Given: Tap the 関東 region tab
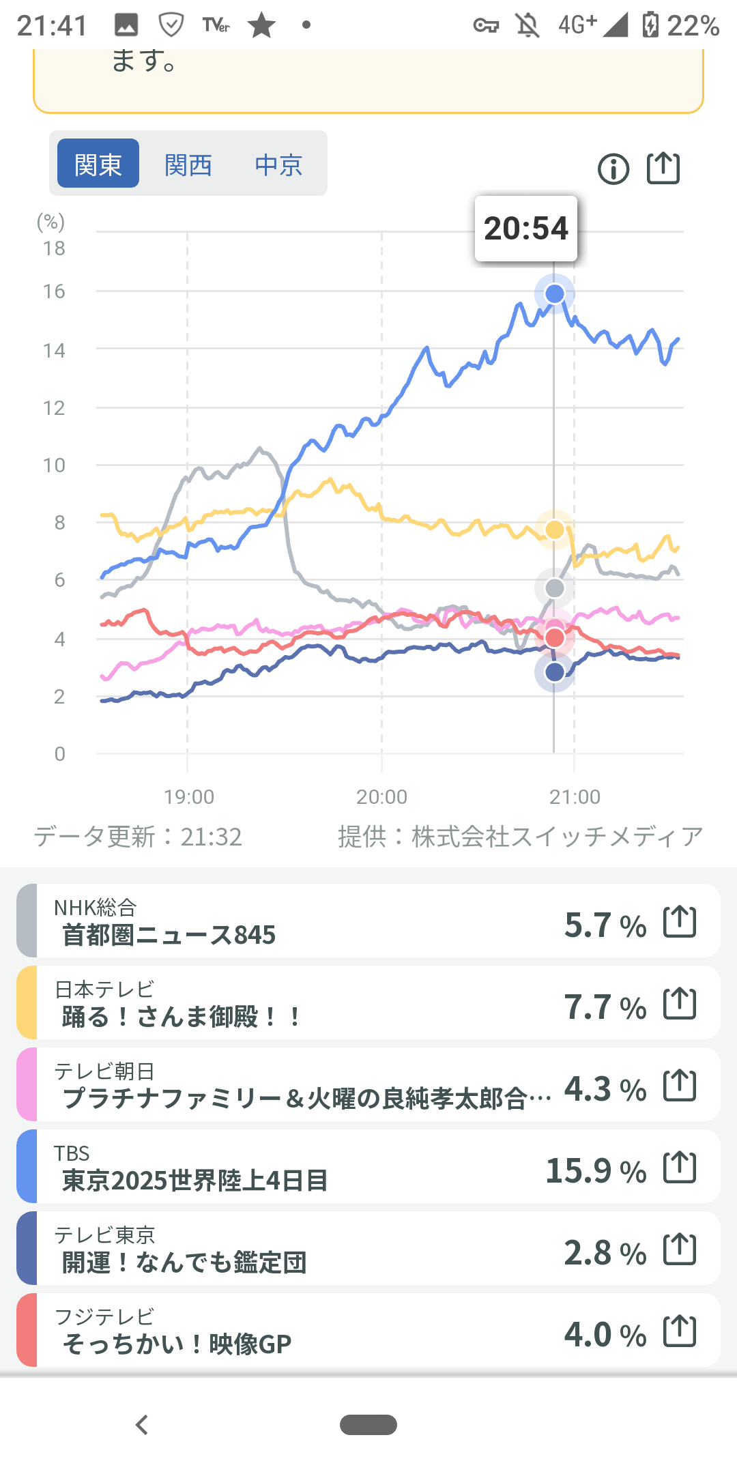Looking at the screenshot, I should tap(98, 164).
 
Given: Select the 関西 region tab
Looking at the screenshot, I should tap(188, 164).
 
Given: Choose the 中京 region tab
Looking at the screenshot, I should tap(278, 164).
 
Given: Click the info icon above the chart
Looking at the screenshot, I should tap(613, 169).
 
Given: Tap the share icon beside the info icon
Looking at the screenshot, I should tap(663, 168).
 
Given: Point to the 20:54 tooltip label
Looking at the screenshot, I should tap(526, 229).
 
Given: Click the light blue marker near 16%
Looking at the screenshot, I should tap(555, 293).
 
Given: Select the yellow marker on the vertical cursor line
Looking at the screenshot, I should tap(555, 530).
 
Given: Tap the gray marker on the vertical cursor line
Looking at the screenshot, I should tap(555, 588).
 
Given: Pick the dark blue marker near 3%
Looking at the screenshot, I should tap(555, 672).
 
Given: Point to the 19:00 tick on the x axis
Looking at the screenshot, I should tap(189, 796).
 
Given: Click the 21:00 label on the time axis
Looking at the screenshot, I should tap(575, 796).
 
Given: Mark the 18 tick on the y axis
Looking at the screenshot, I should tap(54, 248).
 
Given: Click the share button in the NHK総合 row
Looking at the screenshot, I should tap(680, 922).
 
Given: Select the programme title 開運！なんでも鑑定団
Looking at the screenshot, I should tap(184, 1262).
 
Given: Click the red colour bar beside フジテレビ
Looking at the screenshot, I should tap(27, 1330).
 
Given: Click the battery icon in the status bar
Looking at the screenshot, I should tap(650, 25).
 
